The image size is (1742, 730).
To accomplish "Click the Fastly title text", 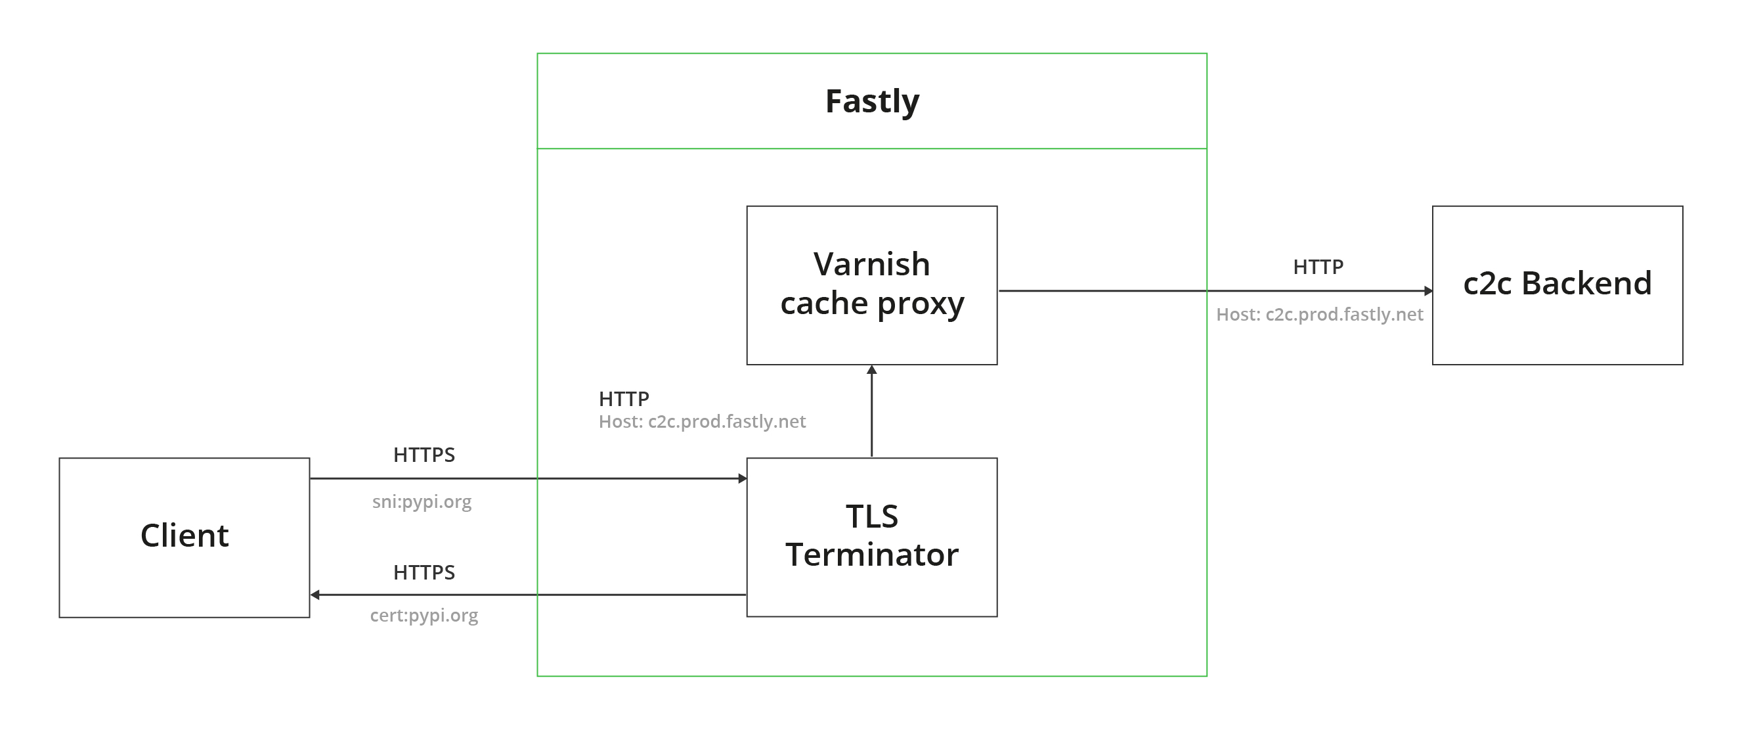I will tap(872, 101).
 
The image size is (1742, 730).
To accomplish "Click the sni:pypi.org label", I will tap(422, 502).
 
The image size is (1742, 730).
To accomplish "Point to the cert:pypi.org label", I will tap(424, 616).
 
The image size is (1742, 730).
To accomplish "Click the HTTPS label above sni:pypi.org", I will tap(424, 455).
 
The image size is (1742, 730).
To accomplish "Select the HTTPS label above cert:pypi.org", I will tap(424, 573).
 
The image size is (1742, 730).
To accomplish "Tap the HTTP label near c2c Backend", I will tap(1318, 267).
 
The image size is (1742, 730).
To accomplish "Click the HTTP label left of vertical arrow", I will tap(624, 399).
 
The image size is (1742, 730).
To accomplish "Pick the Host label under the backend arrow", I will tap(1319, 315).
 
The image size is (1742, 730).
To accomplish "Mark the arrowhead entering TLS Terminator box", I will tap(743, 478).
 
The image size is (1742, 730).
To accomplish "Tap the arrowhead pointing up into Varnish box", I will tap(872, 370).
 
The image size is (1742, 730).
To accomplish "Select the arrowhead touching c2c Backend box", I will tap(1428, 291).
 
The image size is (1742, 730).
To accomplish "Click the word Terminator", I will tap(872, 555).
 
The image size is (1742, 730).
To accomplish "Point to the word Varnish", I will tap(872, 265).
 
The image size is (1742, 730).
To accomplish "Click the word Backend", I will tap(1586, 283).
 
